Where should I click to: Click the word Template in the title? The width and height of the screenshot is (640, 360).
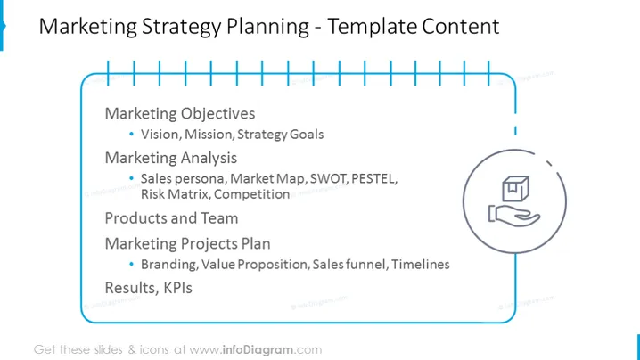pos(372,27)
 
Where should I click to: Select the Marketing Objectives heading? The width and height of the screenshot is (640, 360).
pos(180,114)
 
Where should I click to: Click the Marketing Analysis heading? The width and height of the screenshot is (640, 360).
pos(171,158)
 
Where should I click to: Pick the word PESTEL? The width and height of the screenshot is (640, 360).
pos(373,179)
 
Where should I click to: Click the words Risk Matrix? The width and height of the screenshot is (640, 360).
pos(175,194)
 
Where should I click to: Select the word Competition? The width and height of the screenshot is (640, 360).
pos(252,194)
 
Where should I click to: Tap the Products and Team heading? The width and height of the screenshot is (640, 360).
pos(171,218)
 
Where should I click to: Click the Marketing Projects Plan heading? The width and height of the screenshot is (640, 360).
pos(188,243)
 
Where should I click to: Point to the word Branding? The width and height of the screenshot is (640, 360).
pos(169,265)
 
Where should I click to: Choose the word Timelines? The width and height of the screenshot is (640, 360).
pos(421,265)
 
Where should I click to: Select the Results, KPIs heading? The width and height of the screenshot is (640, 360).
pos(149,288)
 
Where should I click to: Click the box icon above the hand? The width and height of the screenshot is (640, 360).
pos(515,189)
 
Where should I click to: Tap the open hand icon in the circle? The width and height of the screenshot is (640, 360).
pos(514,216)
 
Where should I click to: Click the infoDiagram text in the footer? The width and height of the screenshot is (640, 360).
pos(258,350)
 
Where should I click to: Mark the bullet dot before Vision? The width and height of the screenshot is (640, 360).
pos(131,134)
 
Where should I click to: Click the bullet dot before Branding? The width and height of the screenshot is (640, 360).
pos(131,264)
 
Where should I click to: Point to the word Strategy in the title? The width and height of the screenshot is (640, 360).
pos(182,28)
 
